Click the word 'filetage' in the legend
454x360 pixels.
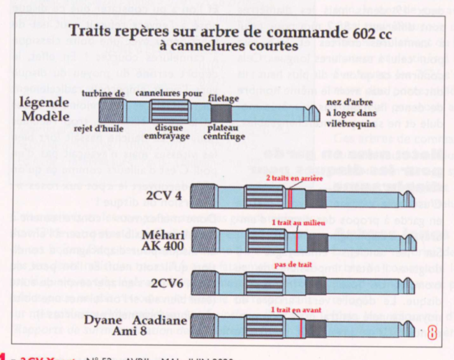click(225, 99)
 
